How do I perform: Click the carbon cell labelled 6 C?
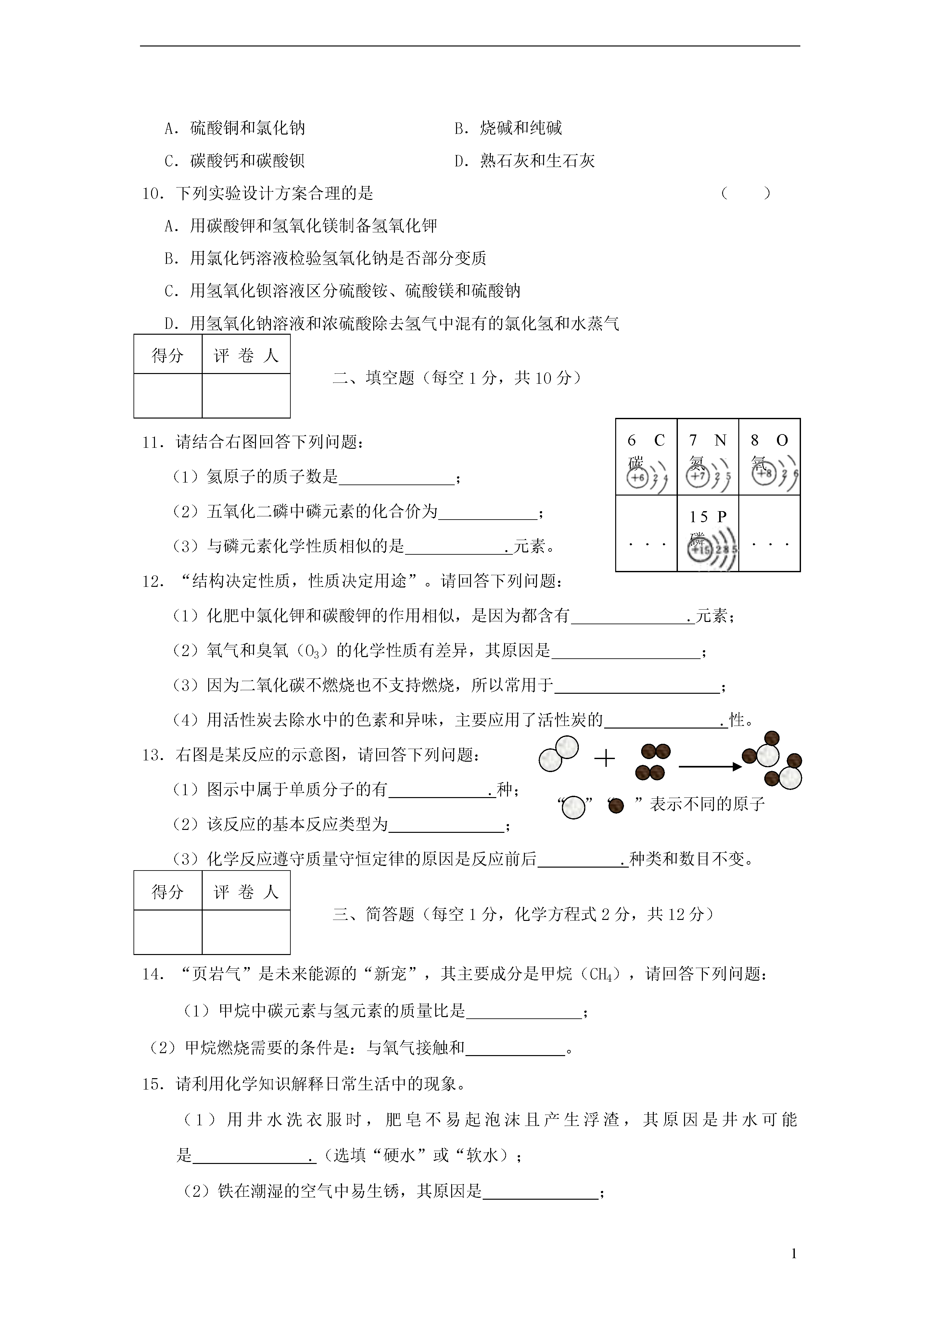click(x=646, y=458)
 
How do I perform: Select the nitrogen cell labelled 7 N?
click(x=708, y=458)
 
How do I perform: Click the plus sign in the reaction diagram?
click(x=605, y=759)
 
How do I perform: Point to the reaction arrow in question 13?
click(x=709, y=767)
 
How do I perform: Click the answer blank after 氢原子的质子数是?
click(x=397, y=478)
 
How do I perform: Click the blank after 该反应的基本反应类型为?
click(x=446, y=825)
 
